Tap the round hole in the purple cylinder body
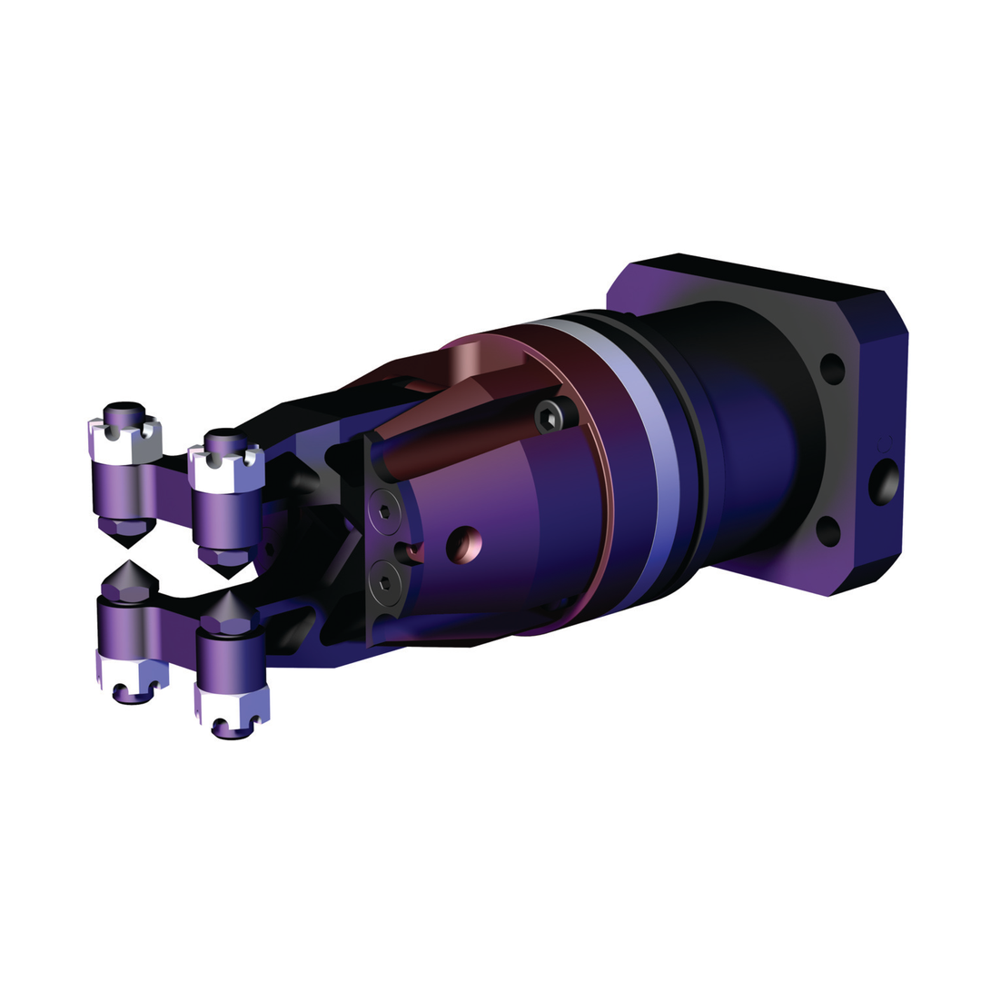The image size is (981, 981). (464, 543)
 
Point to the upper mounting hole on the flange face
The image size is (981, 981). (832, 368)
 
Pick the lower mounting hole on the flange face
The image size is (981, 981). (827, 530)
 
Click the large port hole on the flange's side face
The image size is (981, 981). (883, 481)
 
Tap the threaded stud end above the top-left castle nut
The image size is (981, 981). (124, 406)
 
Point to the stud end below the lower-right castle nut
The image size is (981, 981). (232, 732)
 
